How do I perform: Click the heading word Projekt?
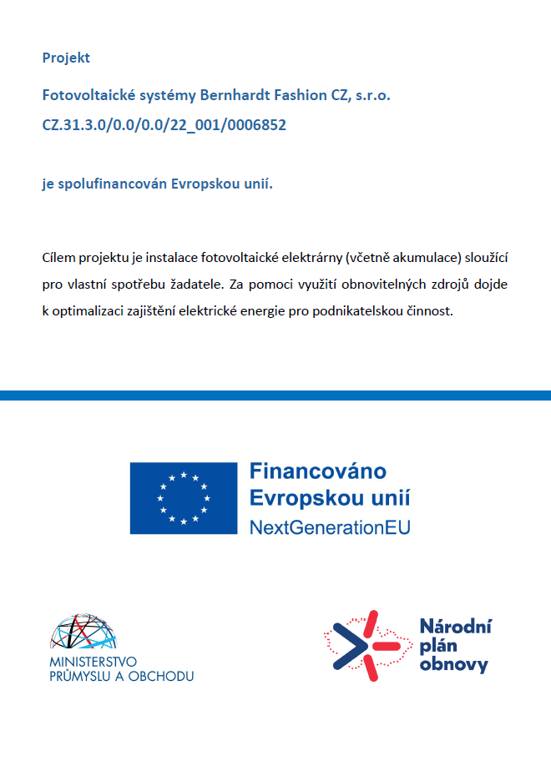point(66,58)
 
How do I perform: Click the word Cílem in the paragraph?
point(57,256)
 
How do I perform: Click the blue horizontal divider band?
point(275,395)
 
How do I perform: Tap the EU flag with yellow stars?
point(184,498)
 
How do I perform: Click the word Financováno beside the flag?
point(318,471)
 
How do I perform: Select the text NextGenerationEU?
point(330,527)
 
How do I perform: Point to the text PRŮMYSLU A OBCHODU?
point(122,676)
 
